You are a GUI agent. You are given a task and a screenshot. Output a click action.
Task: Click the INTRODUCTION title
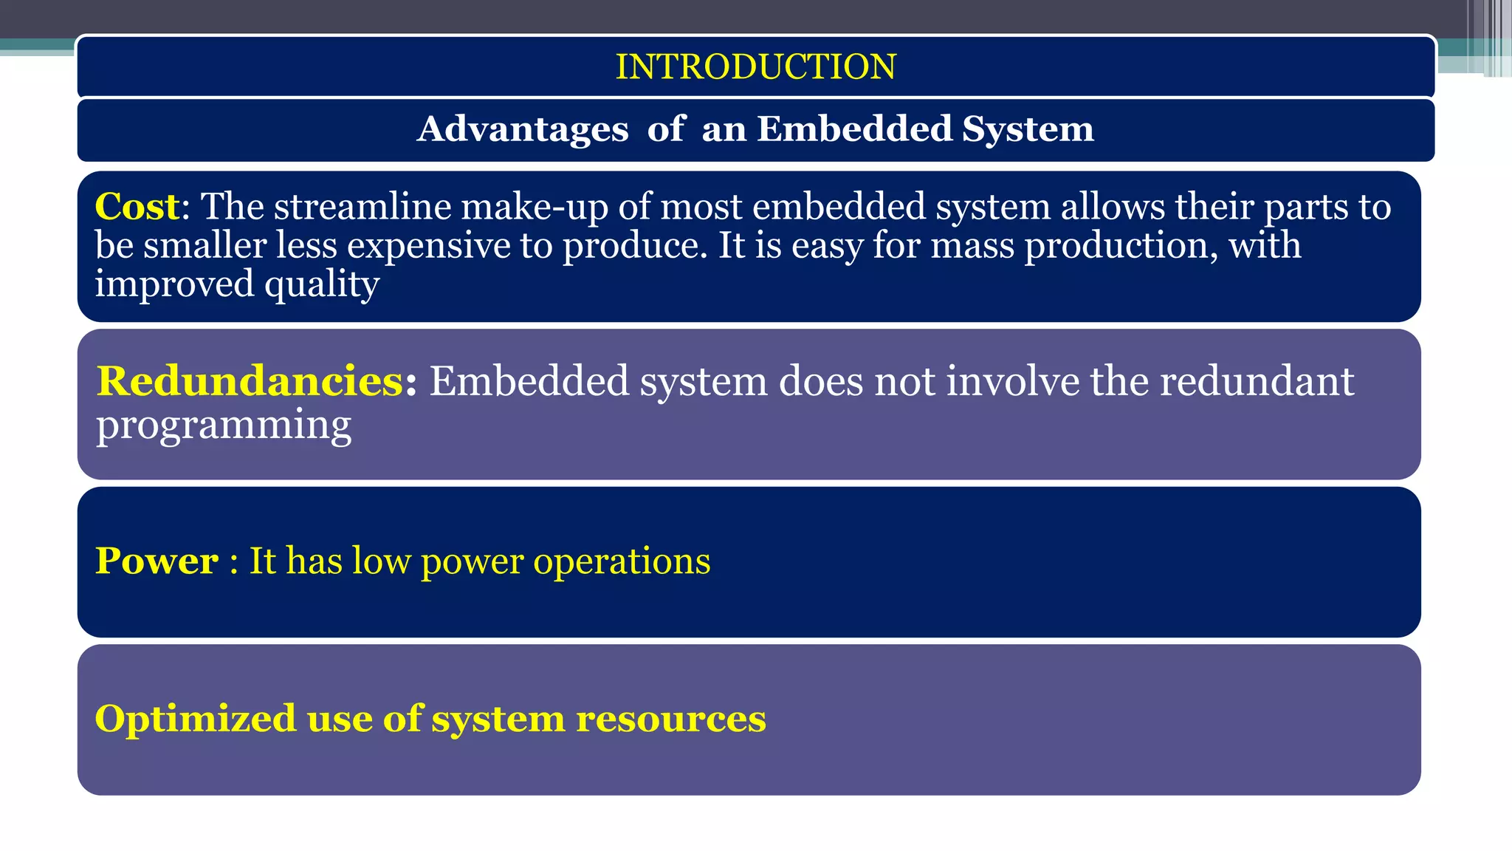(x=755, y=66)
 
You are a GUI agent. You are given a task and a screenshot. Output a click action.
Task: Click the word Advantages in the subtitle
(x=523, y=129)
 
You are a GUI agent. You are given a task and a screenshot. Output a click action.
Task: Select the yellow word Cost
(x=137, y=206)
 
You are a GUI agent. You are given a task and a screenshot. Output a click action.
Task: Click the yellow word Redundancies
(x=250, y=381)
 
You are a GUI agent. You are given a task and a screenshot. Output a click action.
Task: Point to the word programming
(x=224, y=425)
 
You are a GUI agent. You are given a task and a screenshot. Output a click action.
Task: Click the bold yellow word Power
(x=157, y=561)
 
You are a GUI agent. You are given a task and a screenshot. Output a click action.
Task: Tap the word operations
(x=622, y=561)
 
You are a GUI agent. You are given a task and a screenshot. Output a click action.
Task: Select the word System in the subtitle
(x=1028, y=129)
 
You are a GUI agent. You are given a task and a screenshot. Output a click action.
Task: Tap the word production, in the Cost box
(x=1121, y=245)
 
